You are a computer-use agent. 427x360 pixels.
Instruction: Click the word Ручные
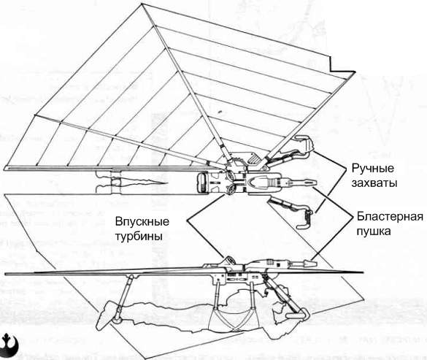(x=372, y=169)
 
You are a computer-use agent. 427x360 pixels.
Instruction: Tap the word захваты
(x=374, y=183)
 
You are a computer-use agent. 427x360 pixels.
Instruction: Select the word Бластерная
(x=390, y=216)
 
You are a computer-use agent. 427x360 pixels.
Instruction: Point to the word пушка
(x=374, y=231)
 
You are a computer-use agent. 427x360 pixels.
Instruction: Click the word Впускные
(x=142, y=221)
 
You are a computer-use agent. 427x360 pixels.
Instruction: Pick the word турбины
(x=139, y=236)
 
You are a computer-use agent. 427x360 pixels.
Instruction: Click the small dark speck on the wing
(x=220, y=112)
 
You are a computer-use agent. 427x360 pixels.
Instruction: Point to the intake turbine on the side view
(x=229, y=260)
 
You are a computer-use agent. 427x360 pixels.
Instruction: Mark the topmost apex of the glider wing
(x=142, y=4)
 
